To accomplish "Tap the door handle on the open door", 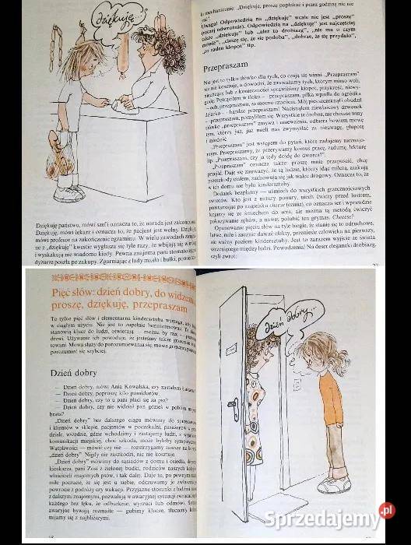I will (233, 405).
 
